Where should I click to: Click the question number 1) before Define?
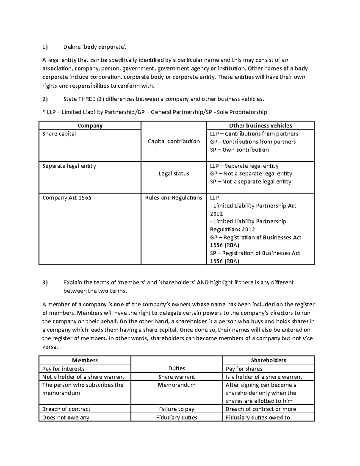45,47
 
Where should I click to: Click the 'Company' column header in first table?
90,126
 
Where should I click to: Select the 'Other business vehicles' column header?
260,126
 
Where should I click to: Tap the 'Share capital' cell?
59,134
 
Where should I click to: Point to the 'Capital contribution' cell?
174,141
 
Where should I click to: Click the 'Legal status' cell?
174,173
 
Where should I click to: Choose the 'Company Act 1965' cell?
67,198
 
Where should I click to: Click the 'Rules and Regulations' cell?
174,198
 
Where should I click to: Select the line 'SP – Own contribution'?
239,150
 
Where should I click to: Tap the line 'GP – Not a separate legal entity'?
251,173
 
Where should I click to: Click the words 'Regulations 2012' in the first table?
232,230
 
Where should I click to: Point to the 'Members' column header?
85,360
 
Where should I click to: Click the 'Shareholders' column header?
268,360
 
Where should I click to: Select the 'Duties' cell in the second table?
176,368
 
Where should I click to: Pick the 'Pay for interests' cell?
63,369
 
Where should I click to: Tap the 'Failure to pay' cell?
176,409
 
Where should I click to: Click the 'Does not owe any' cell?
66,417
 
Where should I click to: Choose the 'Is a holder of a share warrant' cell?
264,377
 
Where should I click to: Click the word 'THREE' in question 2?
87,99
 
